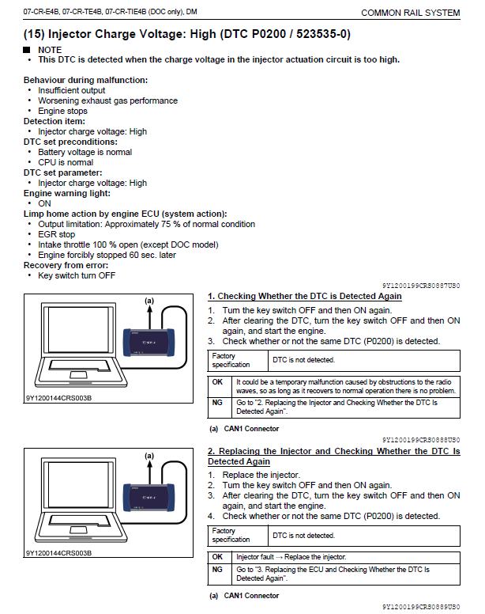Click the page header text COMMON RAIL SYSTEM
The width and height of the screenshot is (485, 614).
coord(411,13)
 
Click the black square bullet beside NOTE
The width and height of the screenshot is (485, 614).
coord(27,50)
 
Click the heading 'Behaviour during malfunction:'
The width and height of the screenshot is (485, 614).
coord(85,80)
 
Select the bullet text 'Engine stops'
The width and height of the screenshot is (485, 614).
coord(62,111)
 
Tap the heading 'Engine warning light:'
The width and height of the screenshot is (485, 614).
coord(67,193)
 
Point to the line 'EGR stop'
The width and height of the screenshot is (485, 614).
coord(56,234)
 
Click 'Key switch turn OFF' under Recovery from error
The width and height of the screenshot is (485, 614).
coord(77,275)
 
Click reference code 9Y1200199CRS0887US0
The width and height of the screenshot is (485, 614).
coord(421,286)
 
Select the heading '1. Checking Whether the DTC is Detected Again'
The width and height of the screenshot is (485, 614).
coord(305,296)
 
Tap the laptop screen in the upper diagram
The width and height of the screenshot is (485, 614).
coord(78,329)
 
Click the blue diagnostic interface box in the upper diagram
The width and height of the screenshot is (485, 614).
coord(149,343)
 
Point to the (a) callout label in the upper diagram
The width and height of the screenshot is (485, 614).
coord(149,301)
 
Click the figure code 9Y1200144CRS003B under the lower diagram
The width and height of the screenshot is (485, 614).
coord(58,553)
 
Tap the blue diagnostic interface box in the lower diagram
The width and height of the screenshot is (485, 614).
coord(149,498)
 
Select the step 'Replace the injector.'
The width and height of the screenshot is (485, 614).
coord(261,475)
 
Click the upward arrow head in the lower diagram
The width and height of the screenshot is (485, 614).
coord(149,464)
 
